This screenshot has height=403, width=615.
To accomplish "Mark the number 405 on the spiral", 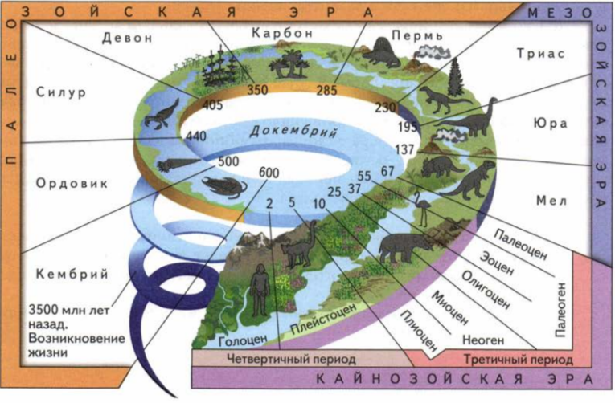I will (x=213, y=104).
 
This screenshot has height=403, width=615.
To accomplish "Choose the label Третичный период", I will (x=506, y=358).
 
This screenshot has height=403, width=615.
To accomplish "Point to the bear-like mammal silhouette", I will (x=402, y=246).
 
